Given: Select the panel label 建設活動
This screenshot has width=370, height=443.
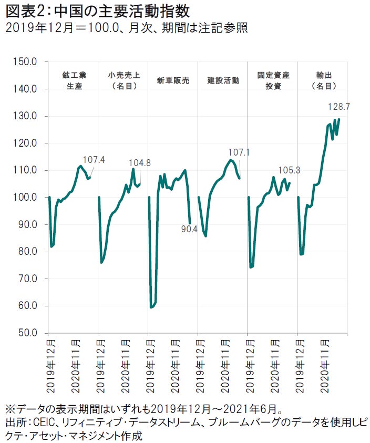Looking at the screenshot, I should pos(223,81).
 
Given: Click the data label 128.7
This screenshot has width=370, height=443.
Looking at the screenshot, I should pos(339,107).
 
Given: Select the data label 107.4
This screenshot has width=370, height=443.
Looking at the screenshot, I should pos(94,159).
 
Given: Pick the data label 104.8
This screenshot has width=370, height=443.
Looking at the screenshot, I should pos(140,163).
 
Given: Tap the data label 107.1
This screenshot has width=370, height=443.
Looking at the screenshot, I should pos(239,153).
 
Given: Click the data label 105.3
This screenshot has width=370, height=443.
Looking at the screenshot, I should pos(289,170).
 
